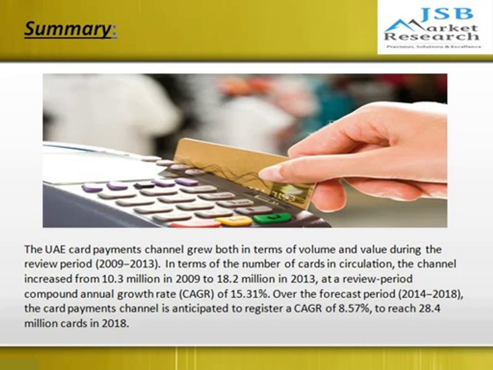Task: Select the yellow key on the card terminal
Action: coord(234,221)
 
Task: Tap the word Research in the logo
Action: coord(431,37)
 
